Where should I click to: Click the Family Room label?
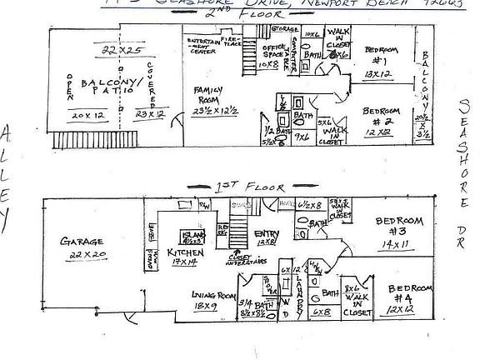[205, 92]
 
